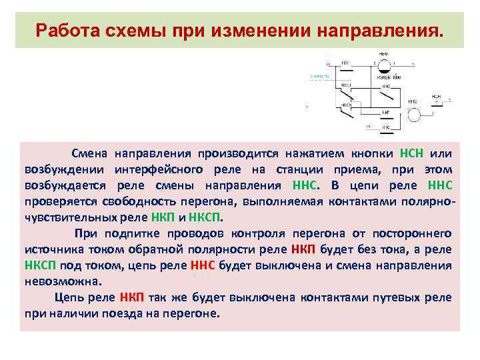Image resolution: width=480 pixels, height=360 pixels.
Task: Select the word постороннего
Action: [x=413, y=233]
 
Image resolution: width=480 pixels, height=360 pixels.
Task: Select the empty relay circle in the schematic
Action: [x=415, y=113]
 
